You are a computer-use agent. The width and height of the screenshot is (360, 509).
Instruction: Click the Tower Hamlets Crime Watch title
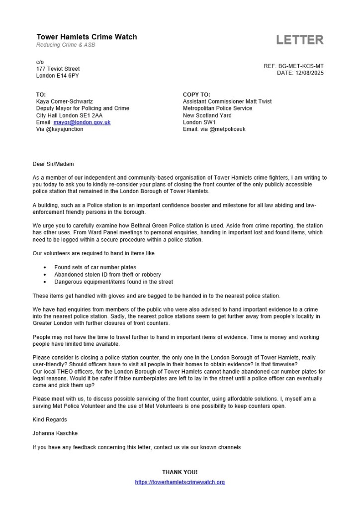click(x=87, y=37)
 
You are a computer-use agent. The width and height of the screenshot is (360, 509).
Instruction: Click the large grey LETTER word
click(x=300, y=40)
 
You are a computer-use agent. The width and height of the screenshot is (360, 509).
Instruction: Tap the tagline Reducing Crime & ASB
click(x=66, y=45)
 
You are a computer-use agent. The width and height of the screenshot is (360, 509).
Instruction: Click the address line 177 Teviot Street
click(x=58, y=69)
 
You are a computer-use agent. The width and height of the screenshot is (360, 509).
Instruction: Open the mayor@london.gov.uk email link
click(x=82, y=122)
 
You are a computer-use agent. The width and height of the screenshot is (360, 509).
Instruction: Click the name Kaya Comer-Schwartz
click(x=65, y=102)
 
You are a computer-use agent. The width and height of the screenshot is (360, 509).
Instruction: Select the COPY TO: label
click(x=196, y=95)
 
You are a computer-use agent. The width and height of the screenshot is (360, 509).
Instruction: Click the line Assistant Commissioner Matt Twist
click(x=227, y=102)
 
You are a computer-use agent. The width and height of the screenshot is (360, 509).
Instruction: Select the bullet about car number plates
click(x=95, y=267)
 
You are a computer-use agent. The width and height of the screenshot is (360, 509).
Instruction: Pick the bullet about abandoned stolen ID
click(x=107, y=274)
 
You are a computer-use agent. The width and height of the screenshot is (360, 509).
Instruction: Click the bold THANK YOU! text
click(x=180, y=472)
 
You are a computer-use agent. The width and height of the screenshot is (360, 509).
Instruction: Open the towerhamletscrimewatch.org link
click(x=180, y=482)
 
